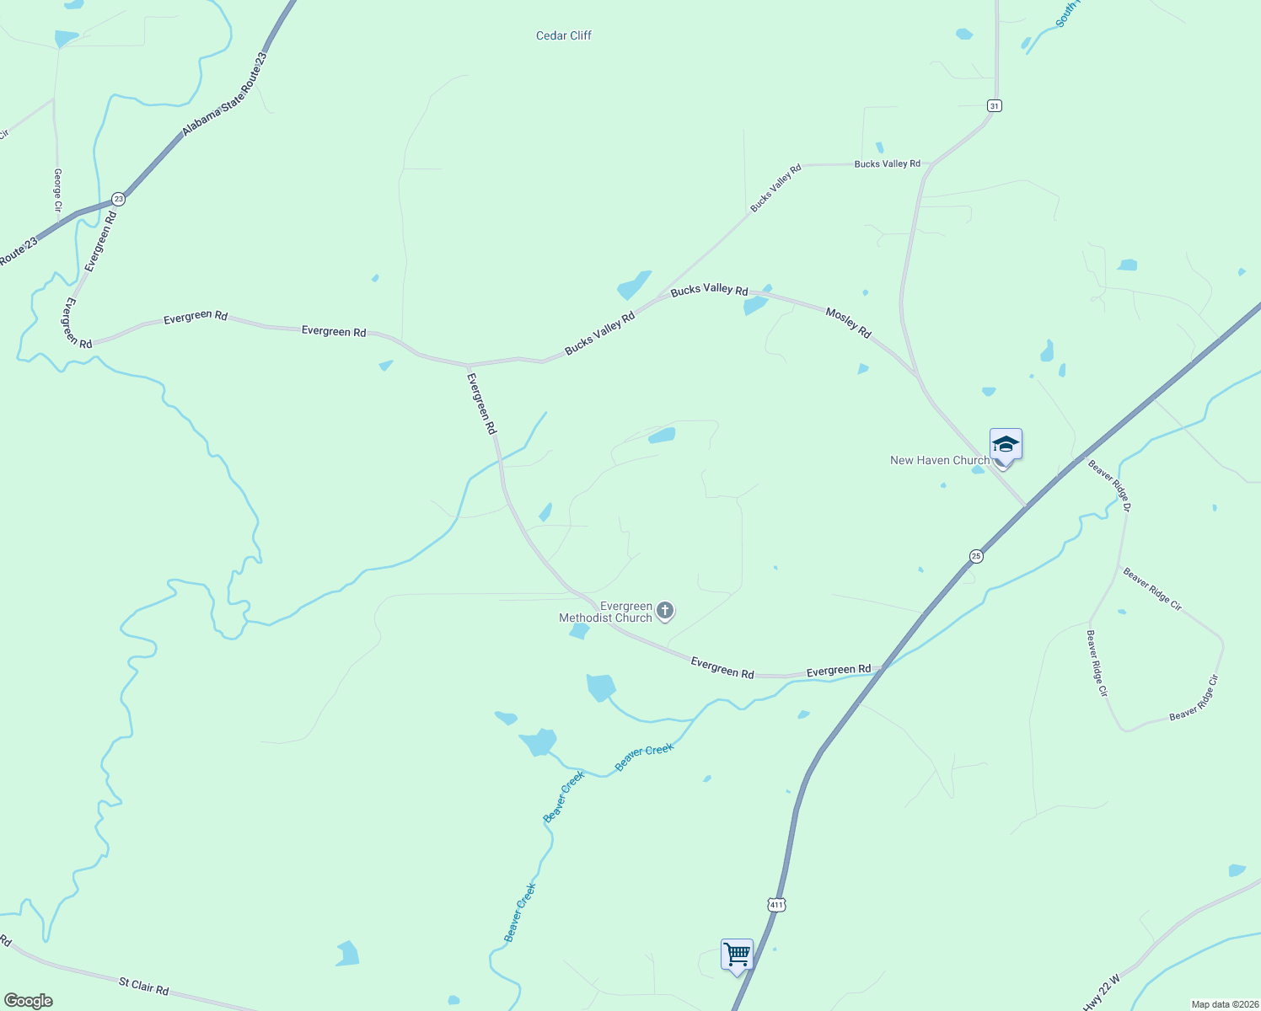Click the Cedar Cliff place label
[564, 35]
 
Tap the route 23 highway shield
[118, 199]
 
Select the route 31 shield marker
[995, 105]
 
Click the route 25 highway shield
[976, 556]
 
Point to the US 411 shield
[776, 904]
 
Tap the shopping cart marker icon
[737, 955]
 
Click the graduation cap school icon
[1006, 444]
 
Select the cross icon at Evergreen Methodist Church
[665, 611]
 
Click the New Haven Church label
[940, 460]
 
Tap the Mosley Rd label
[848, 324]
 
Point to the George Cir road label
[58, 190]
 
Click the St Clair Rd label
[144, 986]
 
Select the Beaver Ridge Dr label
[1109, 485]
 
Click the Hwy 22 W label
[1102, 992]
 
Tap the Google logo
[29, 1001]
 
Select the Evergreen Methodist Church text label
[606, 612]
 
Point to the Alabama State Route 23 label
[224, 94]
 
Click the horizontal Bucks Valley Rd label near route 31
[887, 163]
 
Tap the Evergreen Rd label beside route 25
[839, 671]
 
